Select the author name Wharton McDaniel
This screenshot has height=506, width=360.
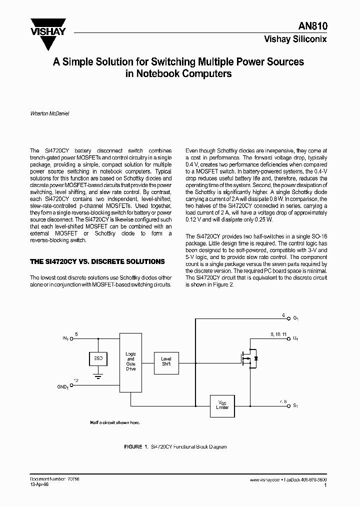coord(49,113)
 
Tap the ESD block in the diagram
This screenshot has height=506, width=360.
coord(98,358)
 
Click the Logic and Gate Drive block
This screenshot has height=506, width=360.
coord(130,361)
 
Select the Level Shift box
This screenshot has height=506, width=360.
coord(166,361)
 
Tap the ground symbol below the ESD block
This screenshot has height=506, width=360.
coord(98,374)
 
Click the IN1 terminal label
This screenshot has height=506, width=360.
coord(65,338)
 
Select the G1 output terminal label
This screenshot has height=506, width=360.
coord(295,318)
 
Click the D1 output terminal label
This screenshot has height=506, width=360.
coord(295,339)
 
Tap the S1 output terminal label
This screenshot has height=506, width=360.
coord(295,406)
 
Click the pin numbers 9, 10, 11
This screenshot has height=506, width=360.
coord(277,333)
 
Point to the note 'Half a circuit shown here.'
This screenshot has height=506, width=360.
coord(115,422)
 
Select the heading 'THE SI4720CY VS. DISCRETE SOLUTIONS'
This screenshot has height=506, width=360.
coord(97,261)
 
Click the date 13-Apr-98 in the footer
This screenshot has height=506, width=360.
coord(39,484)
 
